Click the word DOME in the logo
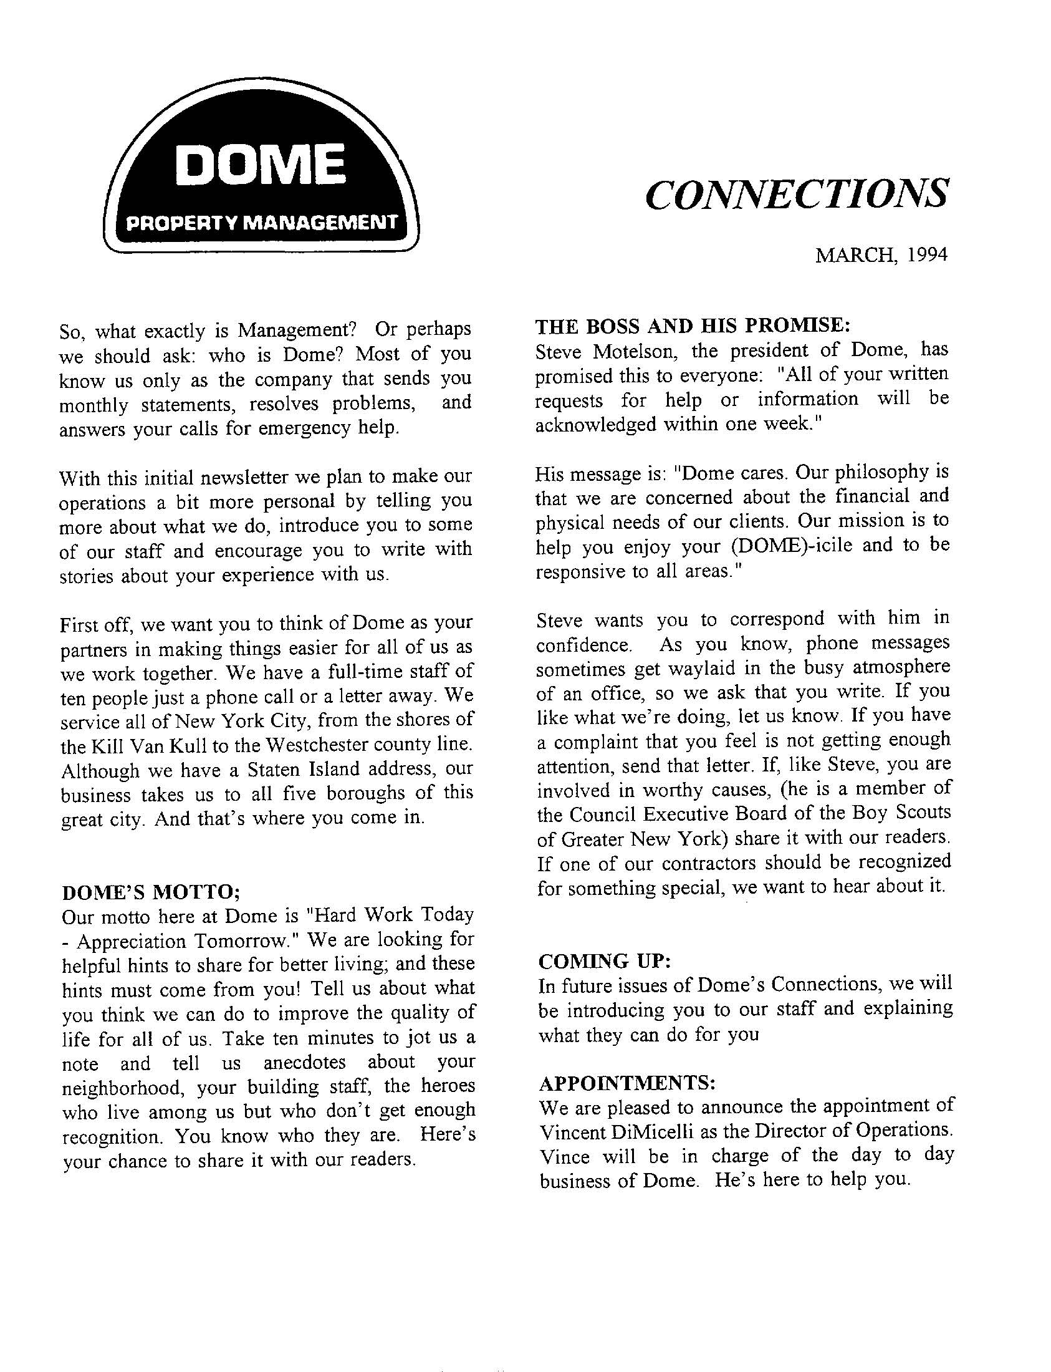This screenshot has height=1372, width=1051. [x=259, y=165]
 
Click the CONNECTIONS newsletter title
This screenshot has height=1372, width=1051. [x=796, y=194]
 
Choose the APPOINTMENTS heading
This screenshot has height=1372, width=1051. [x=627, y=1082]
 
